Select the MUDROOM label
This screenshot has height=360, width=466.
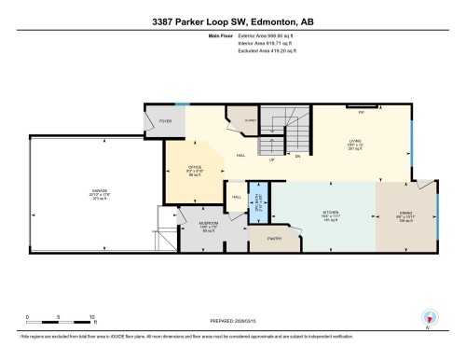(209, 223)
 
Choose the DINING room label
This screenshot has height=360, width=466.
(404, 212)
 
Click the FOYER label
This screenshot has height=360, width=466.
(165, 121)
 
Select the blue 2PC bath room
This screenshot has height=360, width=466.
(261, 202)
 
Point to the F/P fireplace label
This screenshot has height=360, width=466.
(361, 111)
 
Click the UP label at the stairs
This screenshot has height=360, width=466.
(271, 159)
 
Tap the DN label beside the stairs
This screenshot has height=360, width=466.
(298, 158)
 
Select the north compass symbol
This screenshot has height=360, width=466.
(429, 319)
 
